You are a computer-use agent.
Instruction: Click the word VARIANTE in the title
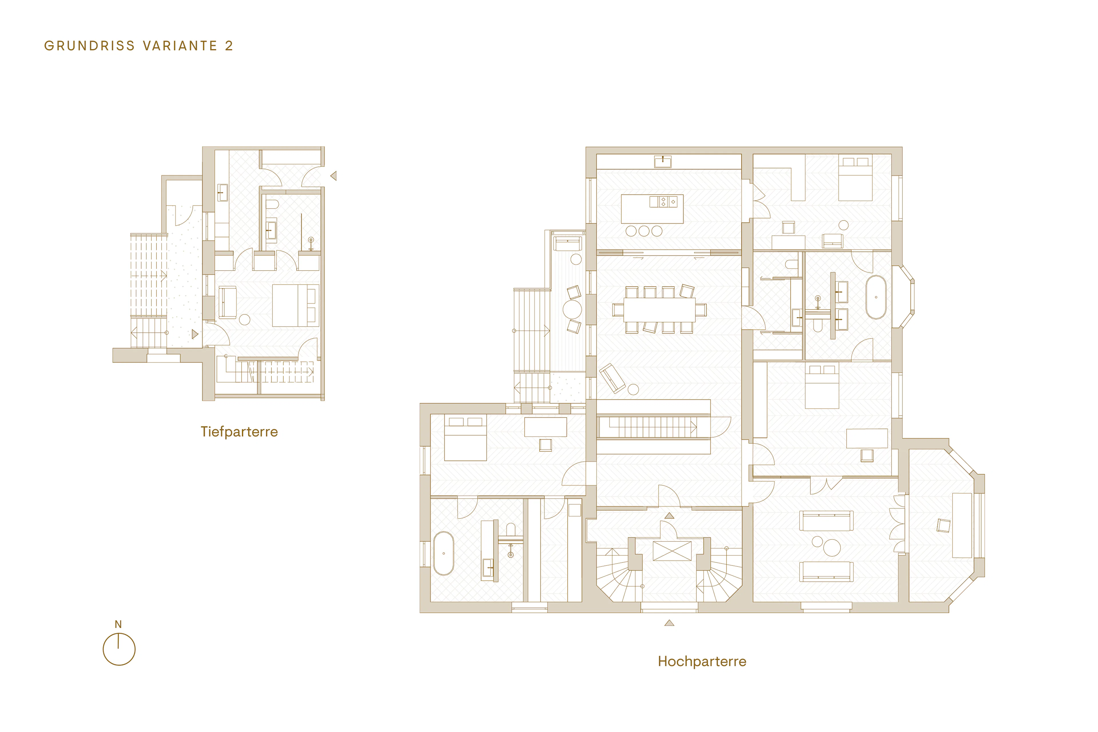point(180,46)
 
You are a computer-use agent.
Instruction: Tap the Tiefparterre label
point(239,432)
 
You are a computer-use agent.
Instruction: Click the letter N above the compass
point(118,624)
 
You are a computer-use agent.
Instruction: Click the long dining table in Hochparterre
point(659,309)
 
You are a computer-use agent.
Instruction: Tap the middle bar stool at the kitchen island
point(644,231)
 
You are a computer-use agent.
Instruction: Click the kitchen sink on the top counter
point(663,162)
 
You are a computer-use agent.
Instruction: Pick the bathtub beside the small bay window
point(876,297)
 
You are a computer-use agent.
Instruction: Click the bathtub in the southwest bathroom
point(443,553)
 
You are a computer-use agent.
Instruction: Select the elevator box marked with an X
point(672,551)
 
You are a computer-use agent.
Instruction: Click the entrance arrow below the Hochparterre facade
point(669,623)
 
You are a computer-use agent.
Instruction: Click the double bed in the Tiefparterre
point(295,305)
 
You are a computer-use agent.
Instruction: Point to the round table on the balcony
point(572,309)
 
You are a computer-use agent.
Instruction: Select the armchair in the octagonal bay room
point(944,526)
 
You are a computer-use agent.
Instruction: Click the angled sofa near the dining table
point(612,378)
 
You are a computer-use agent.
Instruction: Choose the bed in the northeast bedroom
point(855,179)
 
